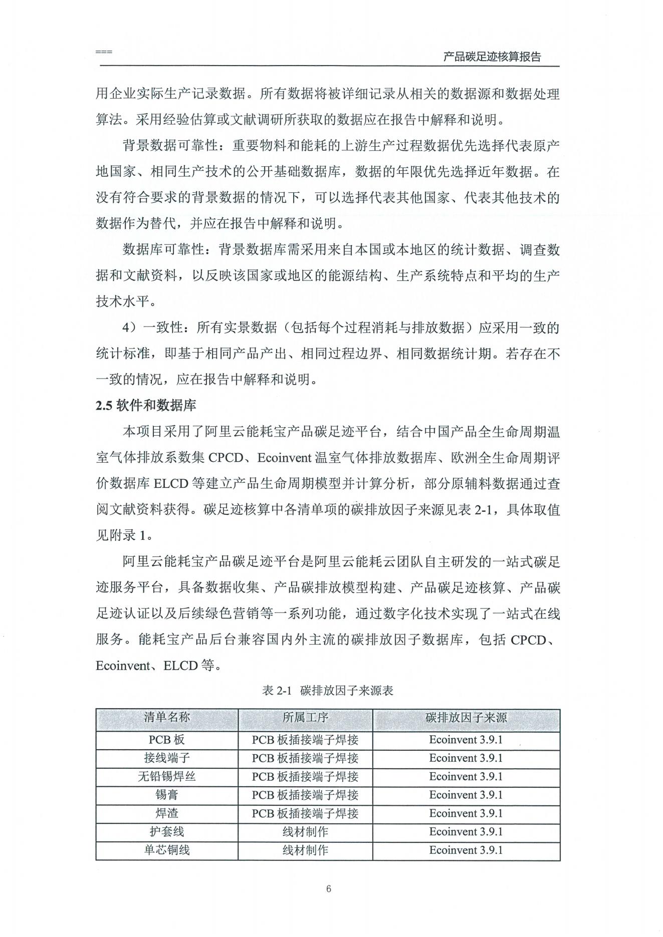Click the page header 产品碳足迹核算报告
point(492,57)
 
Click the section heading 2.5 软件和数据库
point(146,405)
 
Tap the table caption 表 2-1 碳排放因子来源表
point(328,691)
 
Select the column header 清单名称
point(167,717)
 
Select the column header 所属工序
point(305,717)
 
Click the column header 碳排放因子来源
point(466,717)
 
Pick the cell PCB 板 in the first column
point(167,740)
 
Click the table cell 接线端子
point(167,758)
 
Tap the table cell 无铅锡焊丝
point(167,777)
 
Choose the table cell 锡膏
point(167,795)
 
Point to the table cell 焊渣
point(167,813)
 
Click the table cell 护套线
point(167,832)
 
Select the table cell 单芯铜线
point(167,850)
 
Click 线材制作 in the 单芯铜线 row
point(305,850)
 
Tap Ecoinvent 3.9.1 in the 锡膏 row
point(466,795)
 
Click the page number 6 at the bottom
point(329,889)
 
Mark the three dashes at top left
point(104,52)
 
